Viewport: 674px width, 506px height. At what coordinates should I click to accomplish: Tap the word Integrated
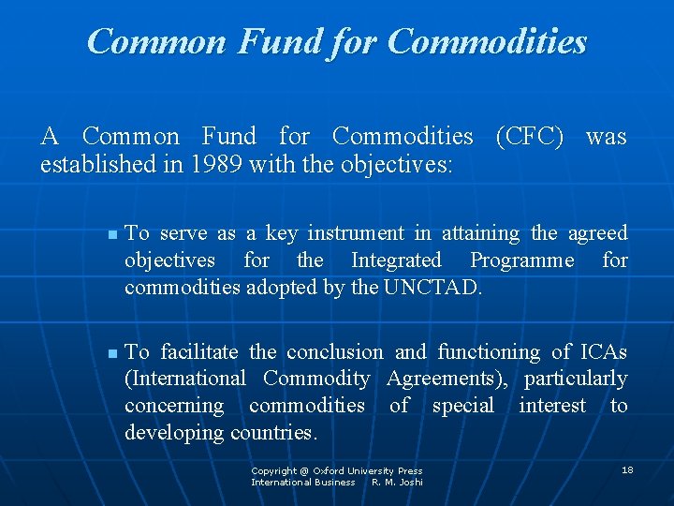396,260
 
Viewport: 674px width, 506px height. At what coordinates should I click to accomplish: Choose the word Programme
522,260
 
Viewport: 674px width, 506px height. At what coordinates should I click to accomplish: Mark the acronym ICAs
604,352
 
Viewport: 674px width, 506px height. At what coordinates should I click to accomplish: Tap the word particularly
576,379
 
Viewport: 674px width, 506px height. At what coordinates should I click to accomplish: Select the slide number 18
627,469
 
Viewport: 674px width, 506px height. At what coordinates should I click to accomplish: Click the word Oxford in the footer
328,470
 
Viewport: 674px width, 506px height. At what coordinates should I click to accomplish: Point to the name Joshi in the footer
411,482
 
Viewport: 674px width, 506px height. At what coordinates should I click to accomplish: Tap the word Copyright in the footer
273,470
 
